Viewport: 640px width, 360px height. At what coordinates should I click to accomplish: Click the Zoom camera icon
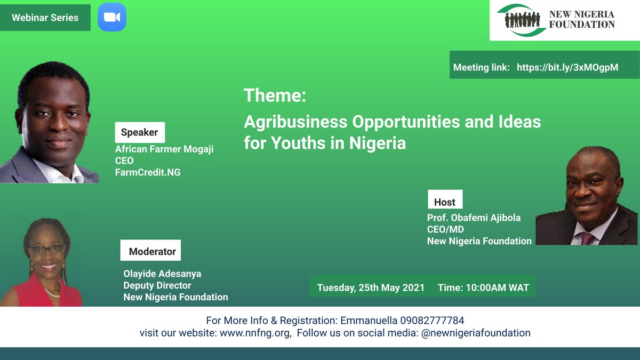pyautogui.click(x=112, y=17)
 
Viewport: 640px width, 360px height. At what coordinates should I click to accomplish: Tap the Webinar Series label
pyautogui.click(x=45, y=18)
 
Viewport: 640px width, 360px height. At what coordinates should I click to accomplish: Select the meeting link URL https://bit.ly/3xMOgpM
pyautogui.click(x=567, y=68)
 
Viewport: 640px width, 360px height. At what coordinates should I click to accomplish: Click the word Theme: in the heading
pyautogui.click(x=275, y=96)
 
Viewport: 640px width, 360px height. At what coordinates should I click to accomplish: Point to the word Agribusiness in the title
pyautogui.click(x=295, y=122)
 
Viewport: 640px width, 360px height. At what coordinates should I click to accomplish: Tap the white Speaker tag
pyautogui.click(x=140, y=133)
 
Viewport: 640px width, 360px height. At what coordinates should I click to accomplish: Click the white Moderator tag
pyautogui.click(x=152, y=251)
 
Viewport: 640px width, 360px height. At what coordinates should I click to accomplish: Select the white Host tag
pyautogui.click(x=445, y=202)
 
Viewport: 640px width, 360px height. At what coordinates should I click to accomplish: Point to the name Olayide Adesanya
pyautogui.click(x=162, y=274)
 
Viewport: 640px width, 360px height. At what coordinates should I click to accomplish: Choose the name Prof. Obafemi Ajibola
pyautogui.click(x=466, y=218)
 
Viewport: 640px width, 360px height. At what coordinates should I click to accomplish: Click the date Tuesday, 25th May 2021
pyautogui.click(x=371, y=287)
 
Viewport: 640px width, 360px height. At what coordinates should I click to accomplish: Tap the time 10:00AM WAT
pyautogui.click(x=498, y=287)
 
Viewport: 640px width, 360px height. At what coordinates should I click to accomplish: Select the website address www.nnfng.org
pyautogui.click(x=255, y=333)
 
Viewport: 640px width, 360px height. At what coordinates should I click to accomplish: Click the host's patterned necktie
pyautogui.click(x=587, y=237)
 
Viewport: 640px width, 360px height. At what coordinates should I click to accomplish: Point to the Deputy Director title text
pyautogui.click(x=157, y=285)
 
